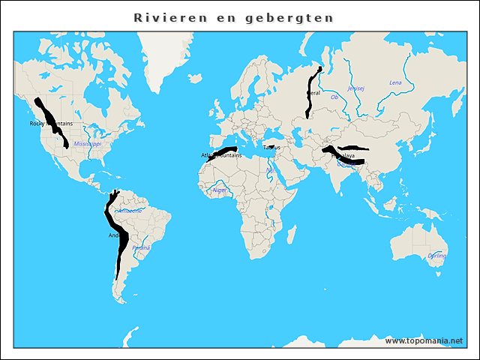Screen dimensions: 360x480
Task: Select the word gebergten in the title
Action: click(298, 17)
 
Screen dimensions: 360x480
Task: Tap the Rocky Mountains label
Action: click(51, 124)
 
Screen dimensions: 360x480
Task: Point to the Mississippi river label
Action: click(88, 142)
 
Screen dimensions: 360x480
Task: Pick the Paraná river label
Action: click(141, 247)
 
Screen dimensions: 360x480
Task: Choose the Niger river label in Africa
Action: click(220, 190)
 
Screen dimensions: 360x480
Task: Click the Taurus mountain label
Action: click(271, 147)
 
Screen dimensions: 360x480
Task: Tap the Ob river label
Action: click(334, 97)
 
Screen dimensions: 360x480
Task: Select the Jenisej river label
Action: click(357, 88)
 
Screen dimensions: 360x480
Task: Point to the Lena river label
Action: click(396, 82)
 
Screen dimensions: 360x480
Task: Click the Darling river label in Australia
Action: click(436, 256)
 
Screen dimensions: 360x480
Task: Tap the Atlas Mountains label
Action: click(219, 155)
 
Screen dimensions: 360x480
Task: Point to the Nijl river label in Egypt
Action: click(270, 169)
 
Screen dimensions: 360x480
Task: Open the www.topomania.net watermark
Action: click(424, 340)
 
